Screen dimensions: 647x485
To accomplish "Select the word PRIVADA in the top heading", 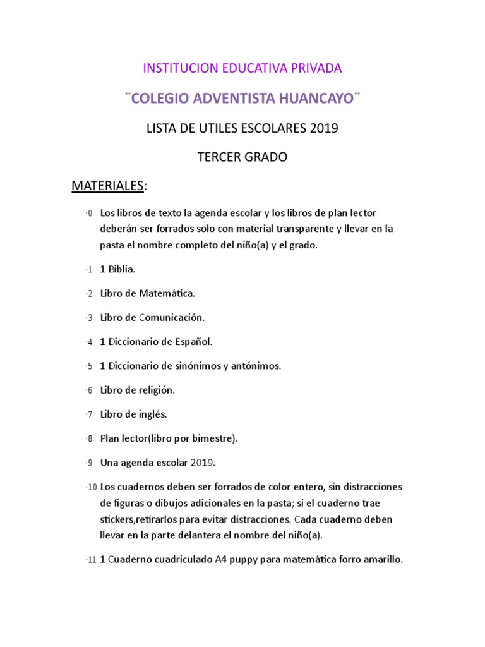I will pyautogui.click(x=317, y=68).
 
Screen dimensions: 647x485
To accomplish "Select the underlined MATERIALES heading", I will pyautogui.click(x=107, y=186).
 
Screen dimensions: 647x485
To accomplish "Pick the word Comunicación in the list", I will pyautogui.click(x=172, y=317).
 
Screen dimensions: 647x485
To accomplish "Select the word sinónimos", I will pyautogui.click(x=196, y=366).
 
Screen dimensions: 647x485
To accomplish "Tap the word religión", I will pyautogui.click(x=153, y=390).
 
